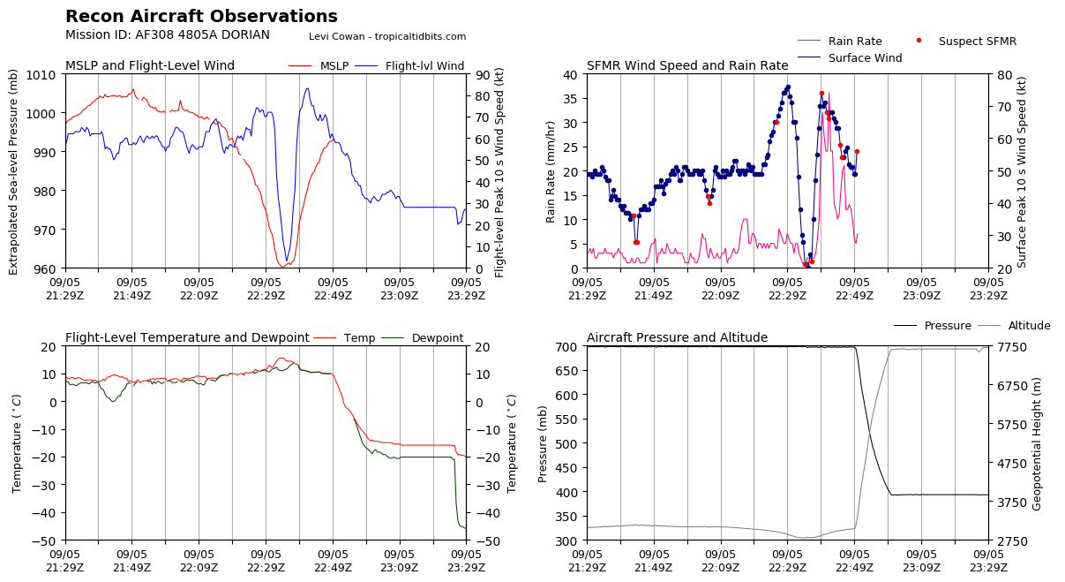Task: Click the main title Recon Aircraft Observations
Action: coord(201,17)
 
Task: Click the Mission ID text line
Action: coord(168,35)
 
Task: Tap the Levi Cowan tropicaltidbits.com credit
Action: coord(387,36)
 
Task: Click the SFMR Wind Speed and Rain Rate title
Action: coord(687,66)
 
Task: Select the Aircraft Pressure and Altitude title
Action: coord(677,338)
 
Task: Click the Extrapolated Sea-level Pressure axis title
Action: coord(13,170)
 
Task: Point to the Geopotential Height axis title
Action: coord(1038,442)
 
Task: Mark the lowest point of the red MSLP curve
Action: coord(282,266)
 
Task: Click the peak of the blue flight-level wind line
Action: coord(307,88)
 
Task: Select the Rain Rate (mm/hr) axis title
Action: coord(551,170)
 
